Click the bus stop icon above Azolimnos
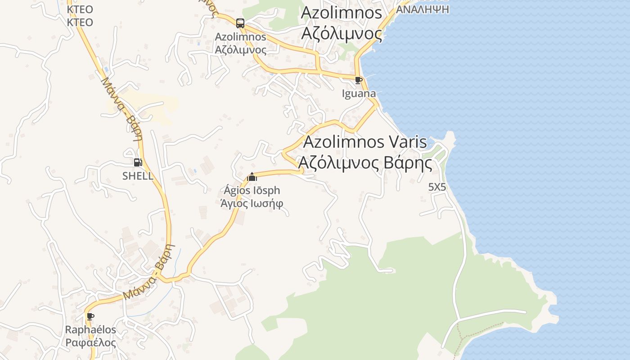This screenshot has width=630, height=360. click(x=240, y=23)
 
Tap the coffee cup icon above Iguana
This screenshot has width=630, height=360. click(x=358, y=81)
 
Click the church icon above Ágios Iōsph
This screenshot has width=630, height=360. click(x=252, y=177)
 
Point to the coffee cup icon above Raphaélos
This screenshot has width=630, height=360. click(x=90, y=316)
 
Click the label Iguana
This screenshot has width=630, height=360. click(x=359, y=94)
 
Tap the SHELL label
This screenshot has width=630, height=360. click(x=138, y=176)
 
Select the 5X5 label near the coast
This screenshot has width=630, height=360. click(x=437, y=187)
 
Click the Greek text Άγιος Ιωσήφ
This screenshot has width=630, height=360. click(x=252, y=203)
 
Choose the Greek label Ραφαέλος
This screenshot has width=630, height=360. click(x=91, y=342)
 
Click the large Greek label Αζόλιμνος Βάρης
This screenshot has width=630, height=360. click(x=365, y=163)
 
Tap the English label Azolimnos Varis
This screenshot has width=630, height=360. click(x=365, y=142)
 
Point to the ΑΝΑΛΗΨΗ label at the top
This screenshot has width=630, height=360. click(x=423, y=9)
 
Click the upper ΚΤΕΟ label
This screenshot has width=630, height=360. click(x=80, y=9)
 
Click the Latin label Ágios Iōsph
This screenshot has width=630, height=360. click(x=252, y=190)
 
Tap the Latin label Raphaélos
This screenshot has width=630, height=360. click(x=91, y=330)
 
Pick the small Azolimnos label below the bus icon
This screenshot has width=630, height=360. click(x=240, y=37)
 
